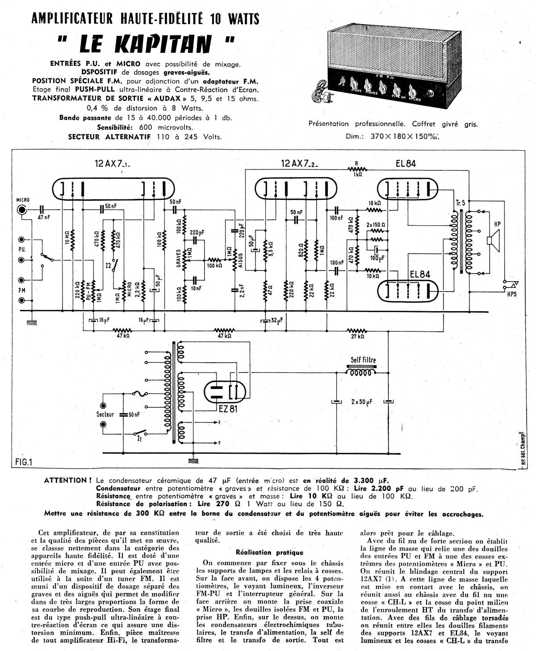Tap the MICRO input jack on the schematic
[21, 210]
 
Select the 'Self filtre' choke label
[363, 360]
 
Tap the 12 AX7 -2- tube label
[299, 164]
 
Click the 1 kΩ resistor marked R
[357, 170]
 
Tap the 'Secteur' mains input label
[105, 414]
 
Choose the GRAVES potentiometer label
[179, 258]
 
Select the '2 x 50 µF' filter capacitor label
[363, 402]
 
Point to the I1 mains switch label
[140, 439]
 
